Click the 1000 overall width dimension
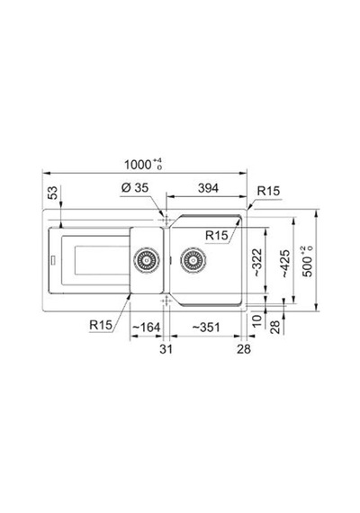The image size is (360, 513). pyautogui.click(x=143, y=165)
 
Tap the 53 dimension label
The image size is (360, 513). pyautogui.click(x=53, y=193)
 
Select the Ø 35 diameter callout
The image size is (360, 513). pyautogui.click(x=135, y=188)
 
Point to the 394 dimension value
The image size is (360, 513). pyautogui.click(x=208, y=188)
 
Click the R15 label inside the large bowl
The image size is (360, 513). pyautogui.click(x=216, y=235)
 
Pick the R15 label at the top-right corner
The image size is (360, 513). pyautogui.click(x=268, y=191)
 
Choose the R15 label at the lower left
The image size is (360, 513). pyautogui.click(x=101, y=325)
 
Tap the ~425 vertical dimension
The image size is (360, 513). pyautogui.click(x=285, y=264)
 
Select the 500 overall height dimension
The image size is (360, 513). pyautogui.click(x=308, y=261)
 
